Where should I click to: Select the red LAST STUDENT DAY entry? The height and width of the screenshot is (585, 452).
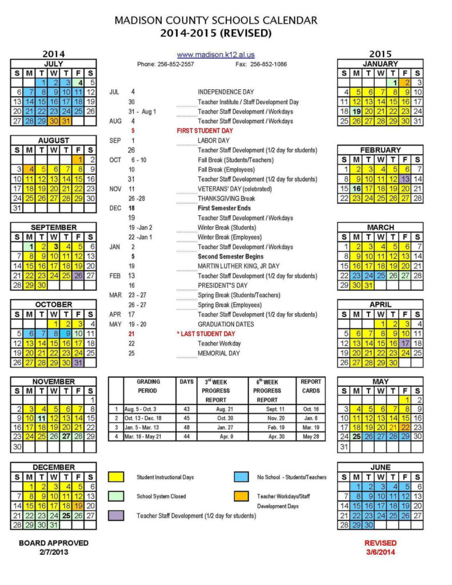pos(206,334)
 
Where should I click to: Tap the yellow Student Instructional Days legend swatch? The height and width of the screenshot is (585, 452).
pos(117,477)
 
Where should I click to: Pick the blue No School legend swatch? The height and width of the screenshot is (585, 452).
pos(241,477)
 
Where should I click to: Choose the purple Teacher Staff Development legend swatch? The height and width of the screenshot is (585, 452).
pos(117,515)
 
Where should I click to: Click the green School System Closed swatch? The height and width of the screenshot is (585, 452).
pos(117,496)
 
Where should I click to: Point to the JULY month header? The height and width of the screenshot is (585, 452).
pos(54,64)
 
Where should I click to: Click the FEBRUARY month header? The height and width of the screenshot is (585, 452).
pos(380,150)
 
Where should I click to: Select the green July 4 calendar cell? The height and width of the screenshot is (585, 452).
pos(80,83)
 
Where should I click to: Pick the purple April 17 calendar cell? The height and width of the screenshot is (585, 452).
pos(405,343)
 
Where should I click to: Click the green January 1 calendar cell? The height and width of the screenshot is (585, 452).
pos(393,83)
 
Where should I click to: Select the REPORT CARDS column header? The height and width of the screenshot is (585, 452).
pos(311,386)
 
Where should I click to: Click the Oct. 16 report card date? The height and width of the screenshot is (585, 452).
pos(311,409)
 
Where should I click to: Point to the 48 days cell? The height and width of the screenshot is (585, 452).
pos(187,427)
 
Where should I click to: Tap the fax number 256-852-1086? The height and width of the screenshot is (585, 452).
pos(268,64)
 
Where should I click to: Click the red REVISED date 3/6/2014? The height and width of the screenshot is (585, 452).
pos(380,552)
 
